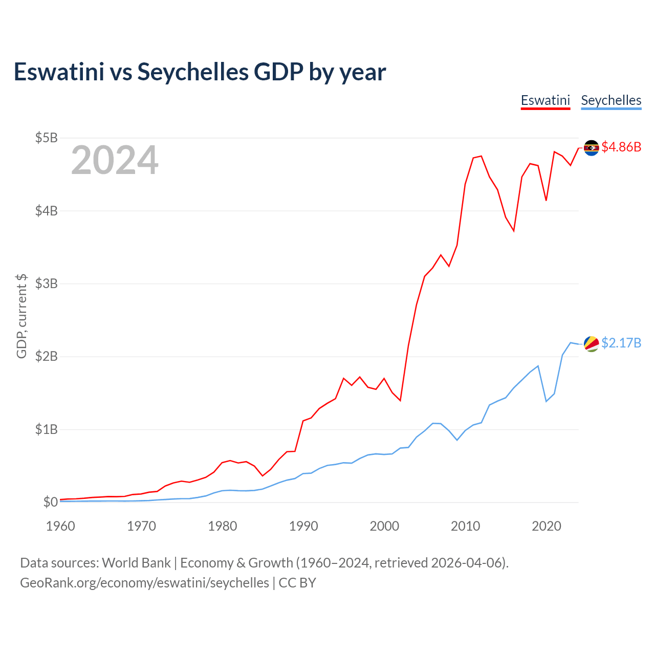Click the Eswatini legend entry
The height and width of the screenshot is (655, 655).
point(545,100)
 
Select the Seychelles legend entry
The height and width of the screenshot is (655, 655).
point(611,100)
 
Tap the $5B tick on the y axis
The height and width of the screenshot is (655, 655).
point(46,138)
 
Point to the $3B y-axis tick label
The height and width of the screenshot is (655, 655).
point(46,283)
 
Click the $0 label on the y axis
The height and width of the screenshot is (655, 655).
point(50,502)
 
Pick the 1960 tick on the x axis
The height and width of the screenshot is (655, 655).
point(60,526)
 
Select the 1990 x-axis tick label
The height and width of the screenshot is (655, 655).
point(303,526)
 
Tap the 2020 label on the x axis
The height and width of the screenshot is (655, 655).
point(547,526)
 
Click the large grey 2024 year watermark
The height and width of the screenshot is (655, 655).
point(115,161)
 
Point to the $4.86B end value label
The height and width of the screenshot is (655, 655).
point(621,147)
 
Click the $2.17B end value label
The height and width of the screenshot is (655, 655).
point(621,343)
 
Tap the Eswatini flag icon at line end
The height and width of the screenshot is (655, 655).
point(591,148)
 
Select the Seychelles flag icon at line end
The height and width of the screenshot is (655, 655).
point(591,344)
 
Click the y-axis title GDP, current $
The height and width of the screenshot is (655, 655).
point(21,316)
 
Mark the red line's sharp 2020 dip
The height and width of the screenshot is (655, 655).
point(546,200)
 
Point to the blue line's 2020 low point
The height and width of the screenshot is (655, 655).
point(546,401)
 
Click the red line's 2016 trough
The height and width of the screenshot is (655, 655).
point(513,231)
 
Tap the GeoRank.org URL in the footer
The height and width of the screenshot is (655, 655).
point(144,583)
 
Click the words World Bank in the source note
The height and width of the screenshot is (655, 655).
point(136,563)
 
